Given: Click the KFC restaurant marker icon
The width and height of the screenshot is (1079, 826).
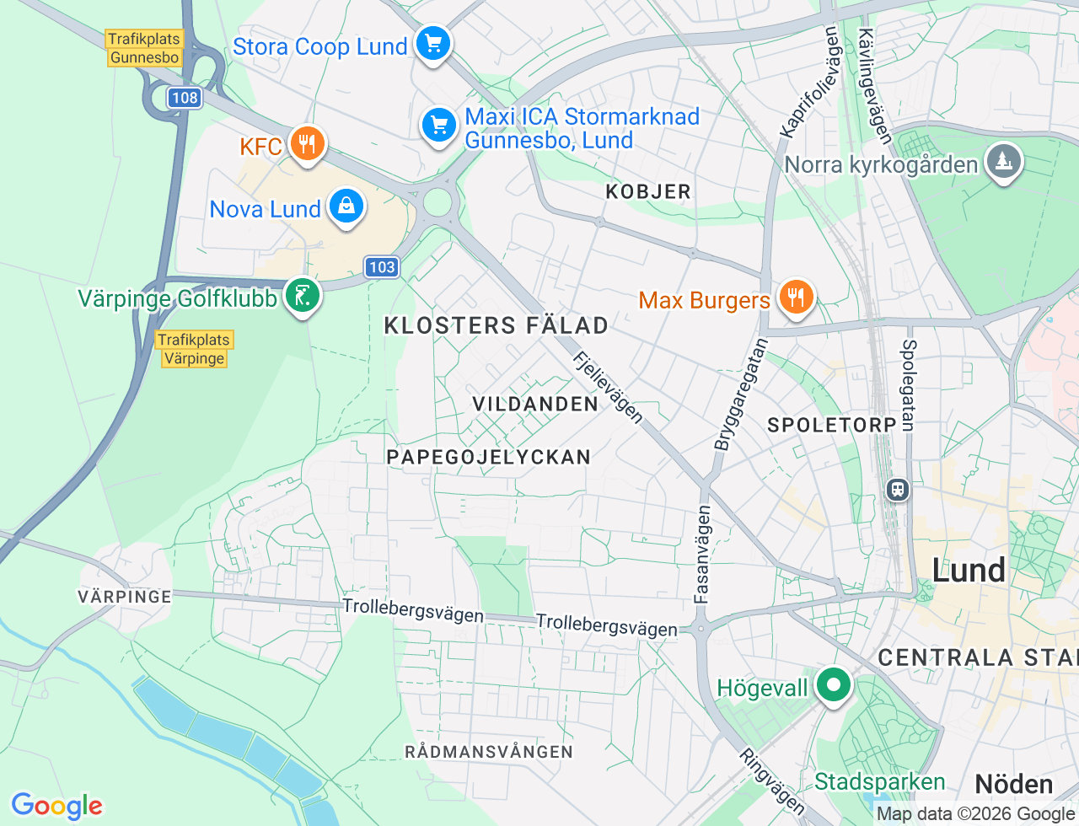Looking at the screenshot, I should pyautogui.click(x=307, y=144).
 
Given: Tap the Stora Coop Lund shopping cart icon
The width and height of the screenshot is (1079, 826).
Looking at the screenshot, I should pyautogui.click(x=433, y=43).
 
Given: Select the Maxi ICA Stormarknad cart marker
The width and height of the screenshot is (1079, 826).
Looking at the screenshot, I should pyautogui.click(x=438, y=126).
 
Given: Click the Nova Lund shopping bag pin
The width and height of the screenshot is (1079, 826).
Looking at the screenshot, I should pyautogui.click(x=346, y=206).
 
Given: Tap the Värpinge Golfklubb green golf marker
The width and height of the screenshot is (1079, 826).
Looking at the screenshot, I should pyautogui.click(x=302, y=296).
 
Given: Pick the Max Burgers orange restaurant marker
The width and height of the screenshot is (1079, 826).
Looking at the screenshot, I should pyautogui.click(x=794, y=298).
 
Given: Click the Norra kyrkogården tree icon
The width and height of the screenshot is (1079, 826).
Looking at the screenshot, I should pyautogui.click(x=1002, y=161).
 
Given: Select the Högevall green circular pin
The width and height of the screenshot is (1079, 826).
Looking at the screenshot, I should pyautogui.click(x=834, y=685).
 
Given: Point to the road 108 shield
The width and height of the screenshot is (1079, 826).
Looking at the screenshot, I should pyautogui.click(x=184, y=98).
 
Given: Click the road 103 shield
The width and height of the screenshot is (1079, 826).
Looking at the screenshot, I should pyautogui.click(x=382, y=267).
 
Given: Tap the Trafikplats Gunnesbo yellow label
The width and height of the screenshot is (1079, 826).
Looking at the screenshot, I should pyautogui.click(x=144, y=48).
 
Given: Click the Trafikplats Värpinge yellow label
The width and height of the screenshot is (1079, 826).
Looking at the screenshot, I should pyautogui.click(x=194, y=349).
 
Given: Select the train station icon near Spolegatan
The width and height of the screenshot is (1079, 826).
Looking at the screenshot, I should pyautogui.click(x=898, y=489).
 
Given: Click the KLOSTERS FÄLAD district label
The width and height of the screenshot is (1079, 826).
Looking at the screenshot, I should pyautogui.click(x=496, y=325).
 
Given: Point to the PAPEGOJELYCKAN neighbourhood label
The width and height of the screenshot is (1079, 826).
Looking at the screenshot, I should pyautogui.click(x=488, y=457).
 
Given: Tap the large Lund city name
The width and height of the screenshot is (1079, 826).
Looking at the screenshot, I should pyautogui.click(x=969, y=571).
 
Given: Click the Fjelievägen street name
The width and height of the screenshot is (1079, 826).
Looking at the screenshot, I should pyautogui.click(x=608, y=387).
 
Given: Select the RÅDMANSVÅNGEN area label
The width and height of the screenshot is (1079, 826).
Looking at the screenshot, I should pyautogui.click(x=489, y=752).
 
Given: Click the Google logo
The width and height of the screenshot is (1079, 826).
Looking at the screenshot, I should pyautogui.click(x=56, y=806).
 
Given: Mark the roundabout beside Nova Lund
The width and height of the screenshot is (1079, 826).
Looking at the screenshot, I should pyautogui.click(x=438, y=202).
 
